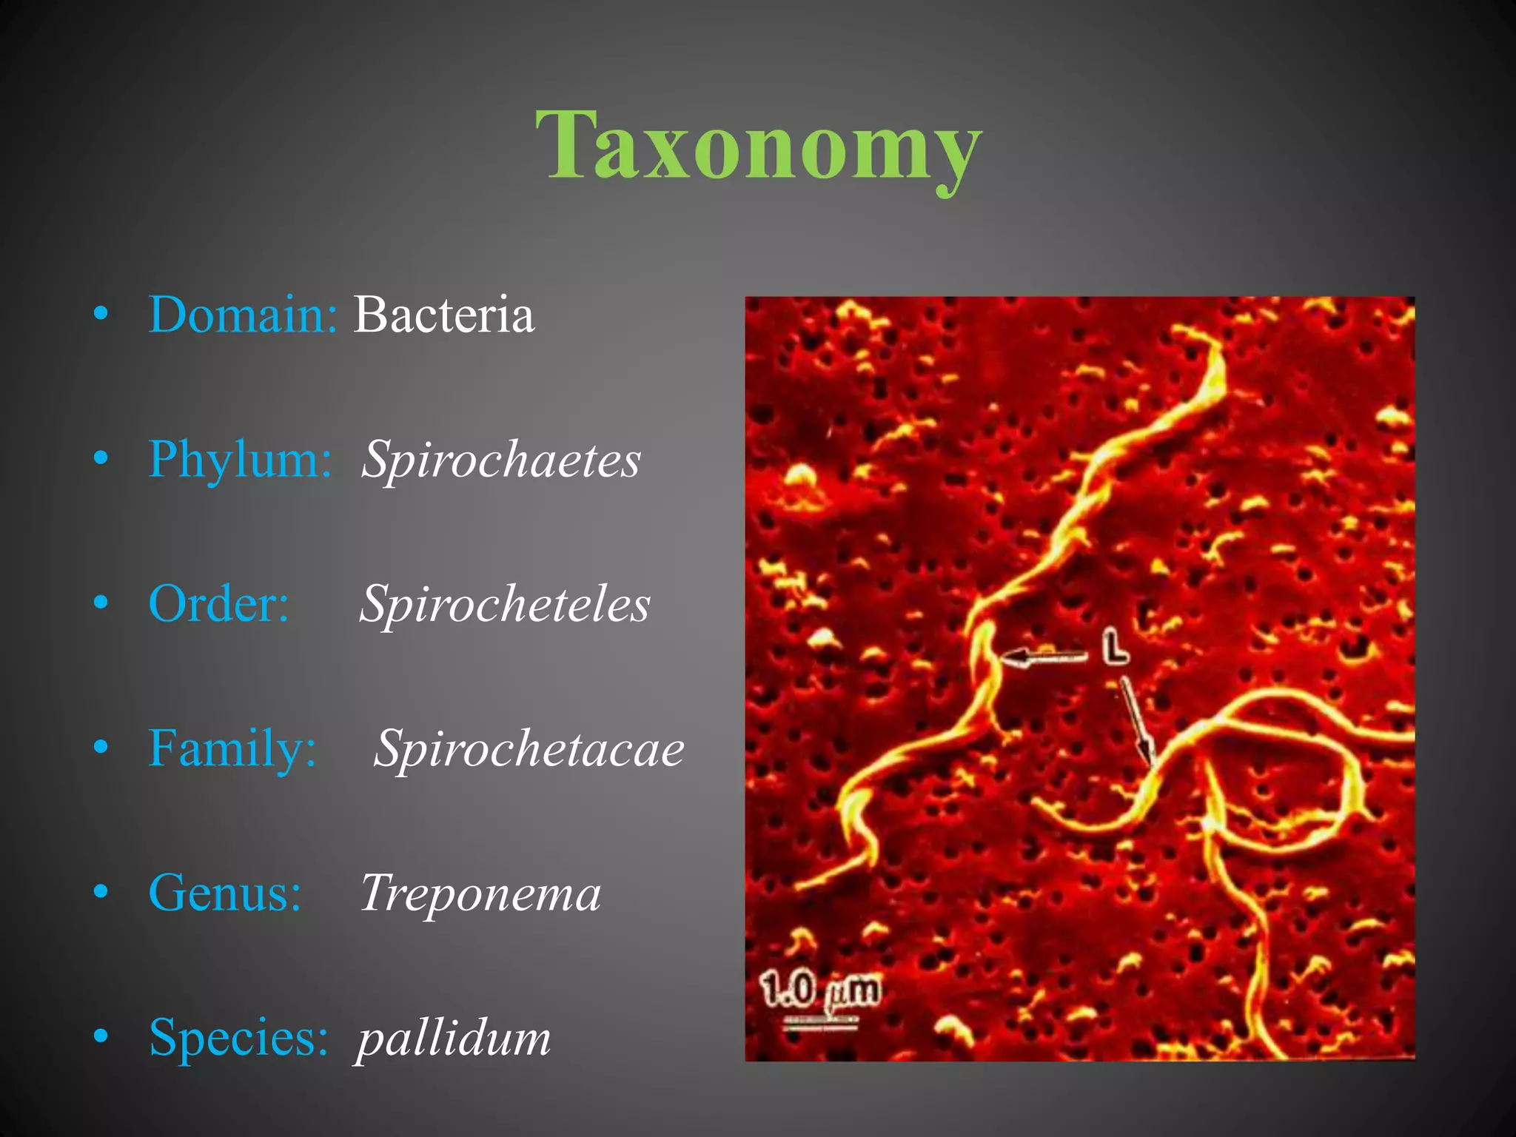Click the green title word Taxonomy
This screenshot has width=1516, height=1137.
pos(758,145)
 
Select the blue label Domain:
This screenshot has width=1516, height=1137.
pos(243,315)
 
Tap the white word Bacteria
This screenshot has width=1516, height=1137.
pos(443,315)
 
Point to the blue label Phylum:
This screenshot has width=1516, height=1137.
pos(240,459)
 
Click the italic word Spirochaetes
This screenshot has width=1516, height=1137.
pos(500,460)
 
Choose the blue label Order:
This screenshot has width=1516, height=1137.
pos(218,603)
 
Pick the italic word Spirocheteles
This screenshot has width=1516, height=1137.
pos(505,604)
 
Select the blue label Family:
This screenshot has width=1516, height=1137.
pos(232,748)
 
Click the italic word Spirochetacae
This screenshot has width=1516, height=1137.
pos(529,748)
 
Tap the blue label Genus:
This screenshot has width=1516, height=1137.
pos(225,893)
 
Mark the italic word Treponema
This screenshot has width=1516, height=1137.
pos(480,893)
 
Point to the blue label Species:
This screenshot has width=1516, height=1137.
pos(238,1037)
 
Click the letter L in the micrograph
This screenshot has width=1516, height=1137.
pos(1115,645)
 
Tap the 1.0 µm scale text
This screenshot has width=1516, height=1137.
pos(821,990)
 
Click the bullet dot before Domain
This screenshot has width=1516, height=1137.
pos(101,314)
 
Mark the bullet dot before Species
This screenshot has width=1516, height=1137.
pos(101,1036)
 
